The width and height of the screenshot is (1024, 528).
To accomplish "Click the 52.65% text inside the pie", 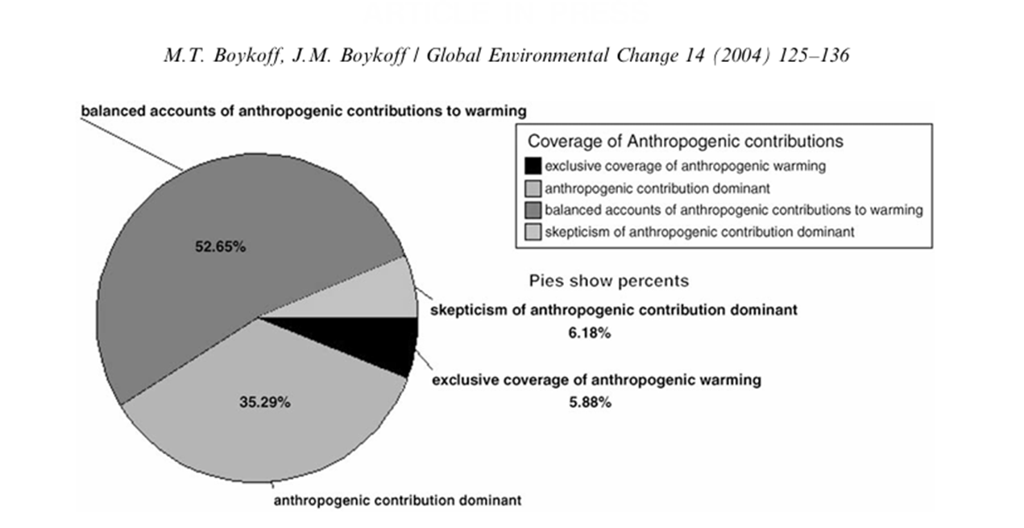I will [x=219, y=247].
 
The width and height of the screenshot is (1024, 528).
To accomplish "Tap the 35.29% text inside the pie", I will [x=264, y=402].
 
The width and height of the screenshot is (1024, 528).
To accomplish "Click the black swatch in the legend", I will [x=532, y=167].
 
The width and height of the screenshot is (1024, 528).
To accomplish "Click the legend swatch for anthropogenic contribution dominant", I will [x=532, y=189].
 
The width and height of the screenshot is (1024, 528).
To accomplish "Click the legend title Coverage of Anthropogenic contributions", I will [x=686, y=142].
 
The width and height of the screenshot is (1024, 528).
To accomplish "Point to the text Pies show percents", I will [x=608, y=282].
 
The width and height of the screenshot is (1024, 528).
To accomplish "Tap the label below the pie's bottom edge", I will [x=398, y=500].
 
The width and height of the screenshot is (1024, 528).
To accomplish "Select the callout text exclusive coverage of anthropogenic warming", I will [x=596, y=381].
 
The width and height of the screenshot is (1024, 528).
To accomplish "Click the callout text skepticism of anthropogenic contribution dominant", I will [x=613, y=310].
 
